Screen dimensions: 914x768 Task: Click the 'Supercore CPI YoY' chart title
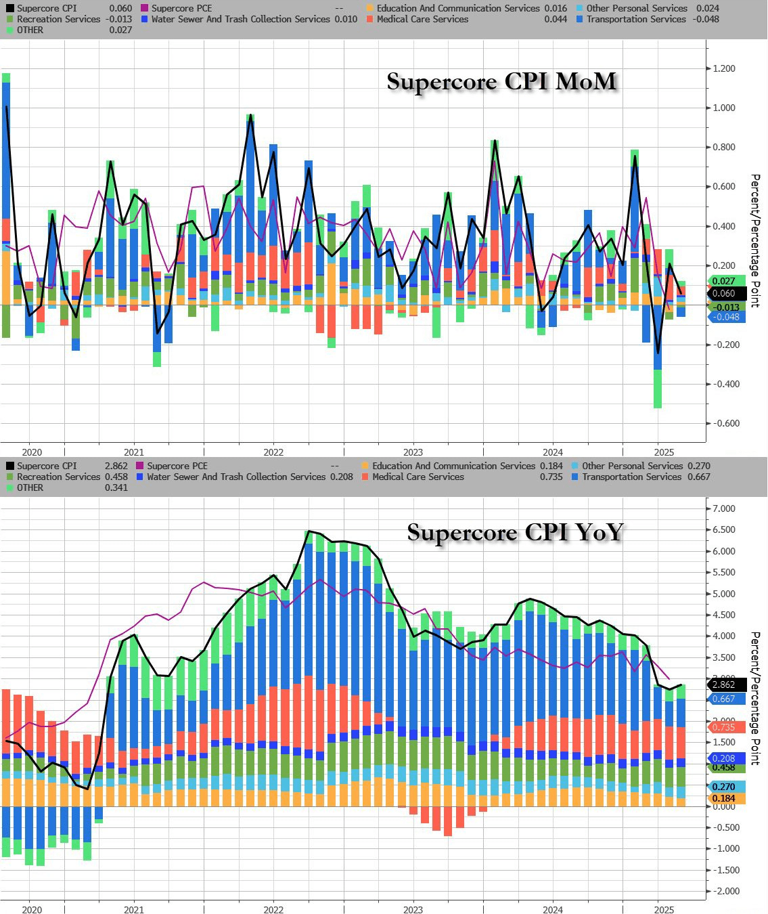(514, 532)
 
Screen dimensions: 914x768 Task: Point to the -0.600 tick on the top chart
(723, 423)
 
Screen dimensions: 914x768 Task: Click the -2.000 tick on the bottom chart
(723, 891)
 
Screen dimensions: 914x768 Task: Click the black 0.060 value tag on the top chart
(726, 293)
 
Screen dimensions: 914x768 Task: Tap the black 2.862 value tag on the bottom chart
(726, 684)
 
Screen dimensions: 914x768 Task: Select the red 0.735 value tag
(726, 726)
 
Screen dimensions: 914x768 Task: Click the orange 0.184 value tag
(726, 798)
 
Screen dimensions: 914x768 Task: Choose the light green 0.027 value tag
(726, 281)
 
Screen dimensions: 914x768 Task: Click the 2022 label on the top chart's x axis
(273, 452)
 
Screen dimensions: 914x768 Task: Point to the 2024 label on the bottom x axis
(552, 909)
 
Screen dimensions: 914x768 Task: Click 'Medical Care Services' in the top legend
(422, 19)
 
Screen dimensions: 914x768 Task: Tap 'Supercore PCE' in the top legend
(181, 8)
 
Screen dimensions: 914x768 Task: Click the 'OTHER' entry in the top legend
(30, 30)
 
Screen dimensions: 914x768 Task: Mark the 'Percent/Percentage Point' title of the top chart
(755, 240)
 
